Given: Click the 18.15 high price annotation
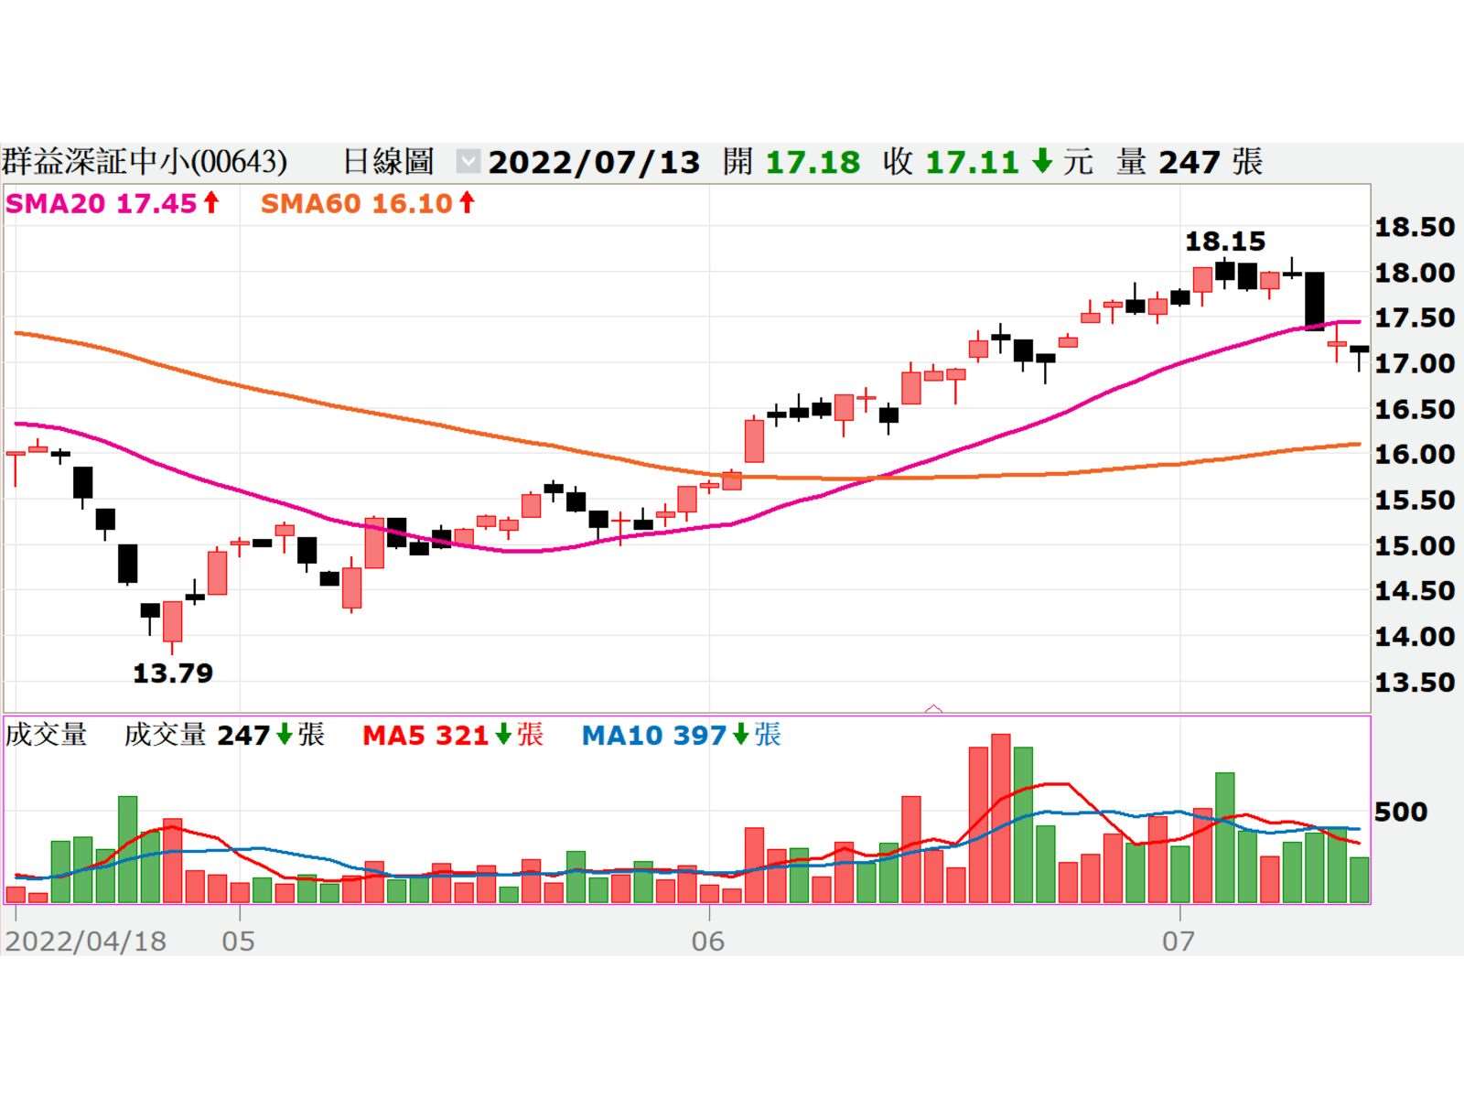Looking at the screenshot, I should (x=1224, y=242).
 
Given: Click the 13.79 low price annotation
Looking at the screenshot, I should (x=173, y=673).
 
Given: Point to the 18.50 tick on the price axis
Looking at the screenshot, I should (x=1414, y=227).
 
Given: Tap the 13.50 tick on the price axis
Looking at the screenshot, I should (x=1414, y=682).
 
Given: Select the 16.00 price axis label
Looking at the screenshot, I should (x=1414, y=454).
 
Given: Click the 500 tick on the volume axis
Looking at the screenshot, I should (x=1400, y=812).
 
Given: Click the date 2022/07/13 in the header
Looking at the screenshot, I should (x=594, y=163).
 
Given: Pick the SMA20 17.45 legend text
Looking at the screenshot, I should (x=112, y=203).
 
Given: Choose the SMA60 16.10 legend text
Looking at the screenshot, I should (x=368, y=203).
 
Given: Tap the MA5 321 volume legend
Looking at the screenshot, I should (x=452, y=735).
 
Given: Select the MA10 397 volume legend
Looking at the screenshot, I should (x=681, y=735).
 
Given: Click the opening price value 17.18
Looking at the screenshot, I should (x=813, y=163).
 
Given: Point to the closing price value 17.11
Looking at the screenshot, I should (x=972, y=163).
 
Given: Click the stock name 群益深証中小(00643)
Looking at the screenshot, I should (x=145, y=162).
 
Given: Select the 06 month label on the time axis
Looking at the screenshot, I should (x=707, y=941).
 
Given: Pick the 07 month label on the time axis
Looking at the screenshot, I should (x=1179, y=941).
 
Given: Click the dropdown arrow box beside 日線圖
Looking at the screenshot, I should (x=468, y=162).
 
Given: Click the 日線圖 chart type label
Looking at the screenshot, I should (x=388, y=162).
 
